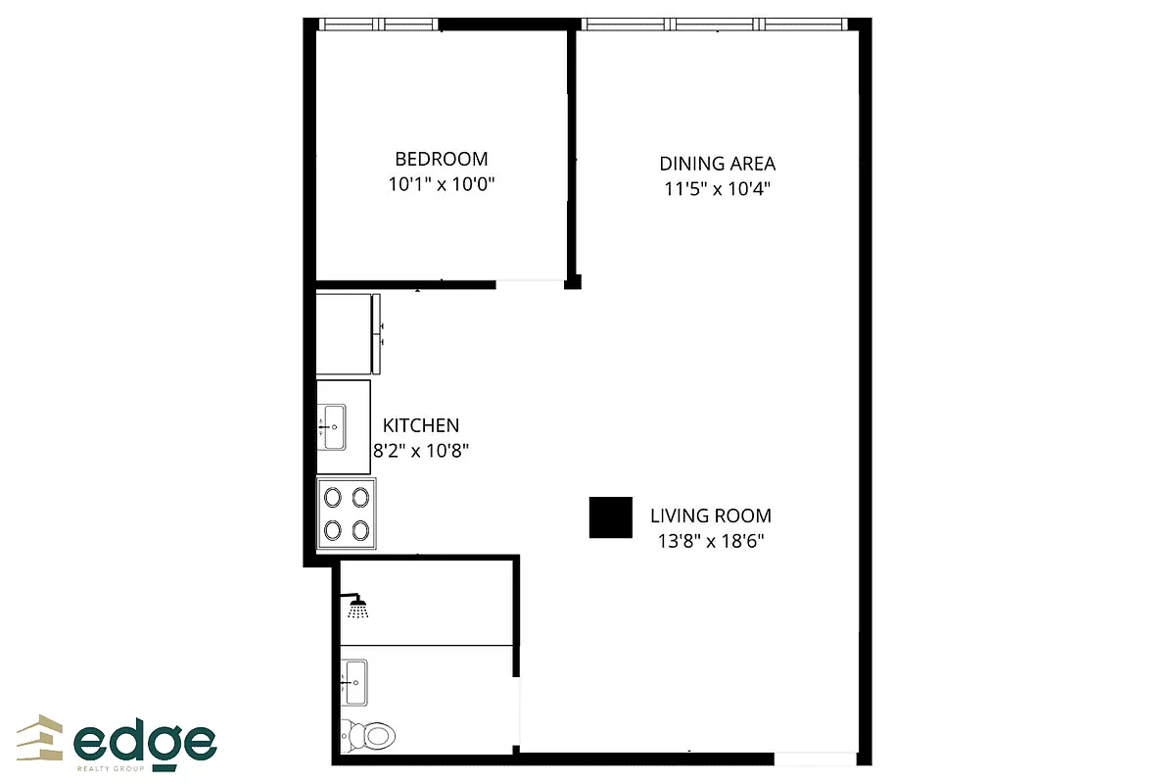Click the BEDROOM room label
tap(441, 158)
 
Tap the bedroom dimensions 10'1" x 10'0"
tap(441, 184)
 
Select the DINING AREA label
tap(717, 164)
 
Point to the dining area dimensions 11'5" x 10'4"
tap(717, 189)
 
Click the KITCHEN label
tap(420, 425)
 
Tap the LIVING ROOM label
tap(711, 515)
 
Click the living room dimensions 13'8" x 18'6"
tap(711, 541)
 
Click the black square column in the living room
tap(610, 517)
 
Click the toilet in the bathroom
tap(366, 732)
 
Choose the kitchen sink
tap(332, 427)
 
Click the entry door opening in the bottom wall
tap(815, 759)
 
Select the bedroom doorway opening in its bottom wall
tap(530, 284)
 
